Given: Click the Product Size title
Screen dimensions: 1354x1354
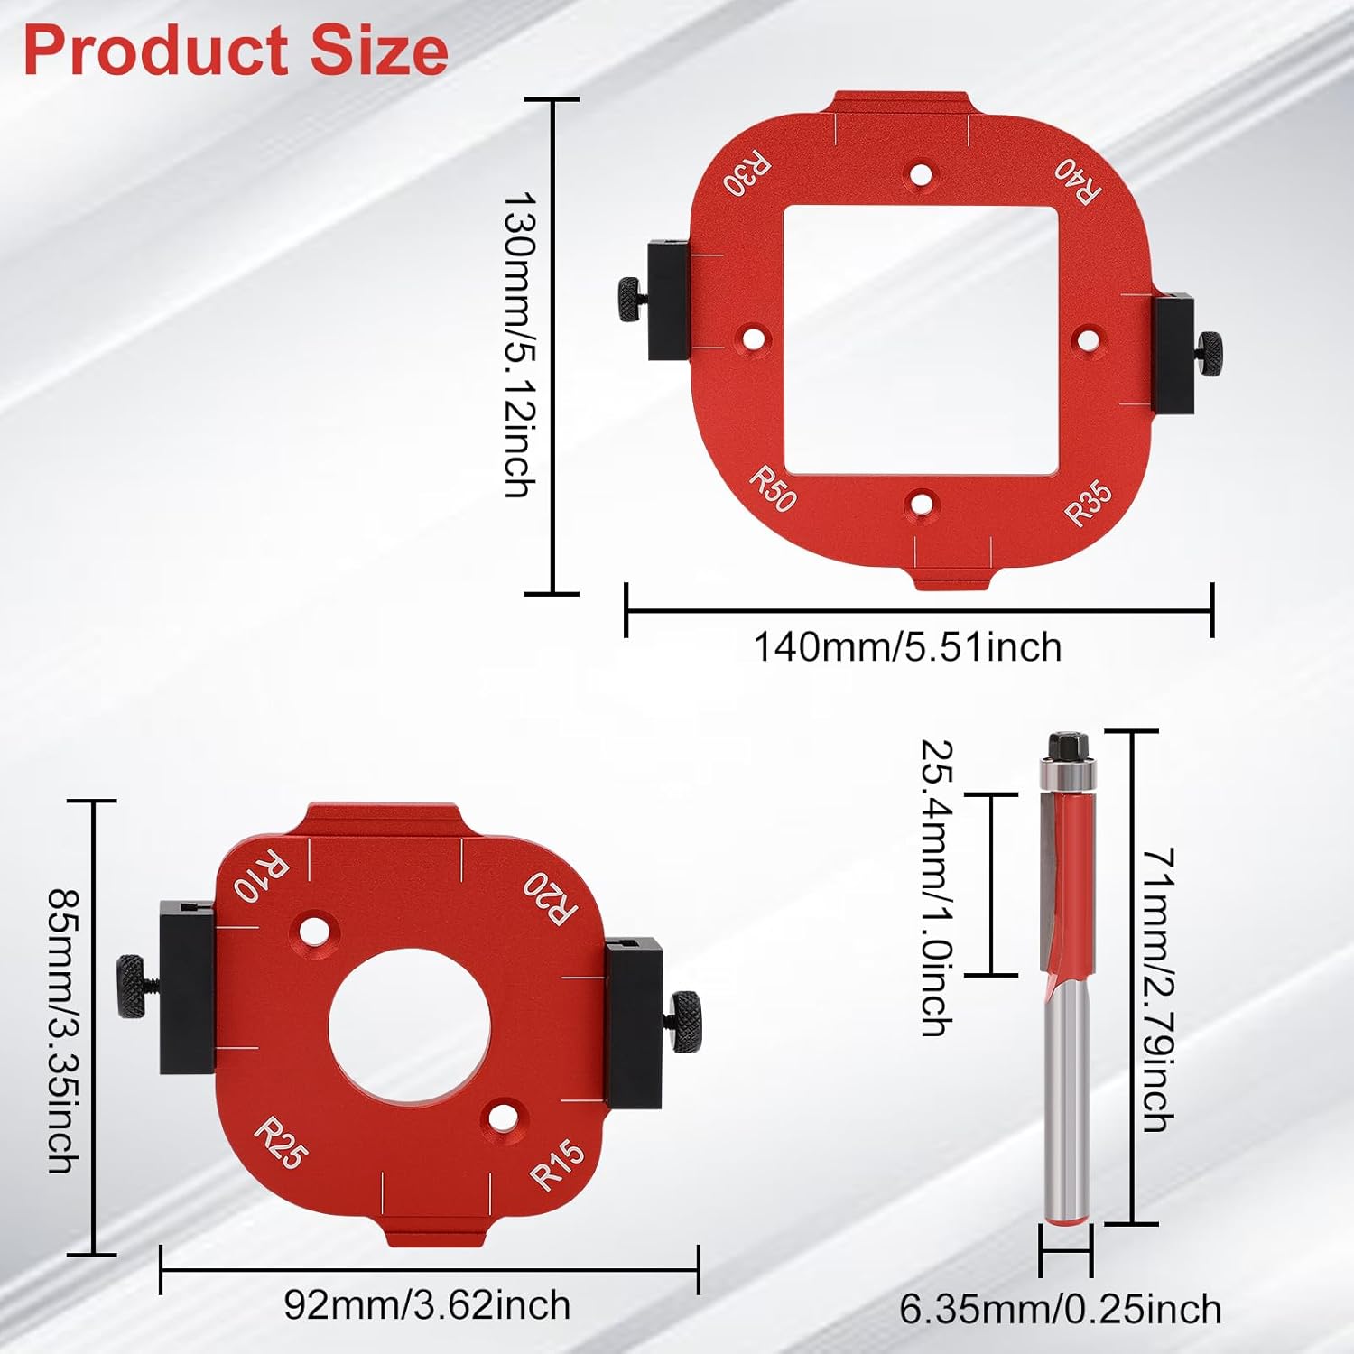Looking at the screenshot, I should pyautogui.click(x=236, y=51).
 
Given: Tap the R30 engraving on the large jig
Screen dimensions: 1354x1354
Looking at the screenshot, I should pyautogui.click(x=747, y=174).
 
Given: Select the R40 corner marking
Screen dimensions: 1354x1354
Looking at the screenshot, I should pyautogui.click(x=1078, y=181).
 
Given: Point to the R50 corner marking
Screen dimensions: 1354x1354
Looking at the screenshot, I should pyautogui.click(x=773, y=488).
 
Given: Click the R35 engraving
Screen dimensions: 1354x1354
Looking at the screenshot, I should pyautogui.click(x=1089, y=503).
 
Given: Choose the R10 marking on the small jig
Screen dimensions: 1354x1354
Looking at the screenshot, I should pyautogui.click(x=261, y=875).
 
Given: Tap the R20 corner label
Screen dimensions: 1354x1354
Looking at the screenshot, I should pyautogui.click(x=550, y=898).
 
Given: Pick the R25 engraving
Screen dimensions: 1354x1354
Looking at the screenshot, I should pyautogui.click(x=282, y=1143).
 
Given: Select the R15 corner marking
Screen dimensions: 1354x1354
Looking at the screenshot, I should pyautogui.click(x=557, y=1164).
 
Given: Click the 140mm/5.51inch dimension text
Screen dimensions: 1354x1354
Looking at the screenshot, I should pyautogui.click(x=907, y=648).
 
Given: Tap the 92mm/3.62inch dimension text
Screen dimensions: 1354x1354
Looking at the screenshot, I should pyautogui.click(x=427, y=1305).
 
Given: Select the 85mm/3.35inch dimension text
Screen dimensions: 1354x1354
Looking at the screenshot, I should pyautogui.click(x=64, y=1031).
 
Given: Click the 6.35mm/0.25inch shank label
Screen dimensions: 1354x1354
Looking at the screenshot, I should pyautogui.click(x=1061, y=1309).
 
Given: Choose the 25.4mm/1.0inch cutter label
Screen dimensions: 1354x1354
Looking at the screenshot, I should pyautogui.click(x=937, y=887).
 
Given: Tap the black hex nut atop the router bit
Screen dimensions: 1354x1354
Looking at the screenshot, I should pyautogui.click(x=1067, y=747).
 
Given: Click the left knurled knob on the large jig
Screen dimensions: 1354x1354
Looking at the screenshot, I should pyautogui.click(x=630, y=298).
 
